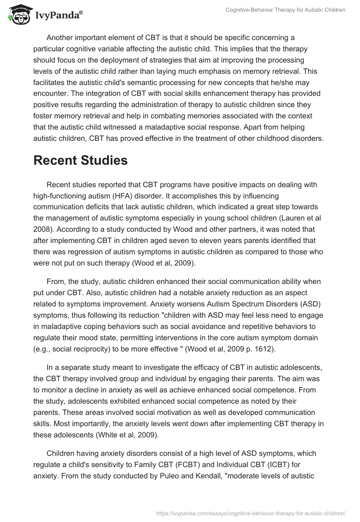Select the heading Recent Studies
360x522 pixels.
(81, 160)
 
